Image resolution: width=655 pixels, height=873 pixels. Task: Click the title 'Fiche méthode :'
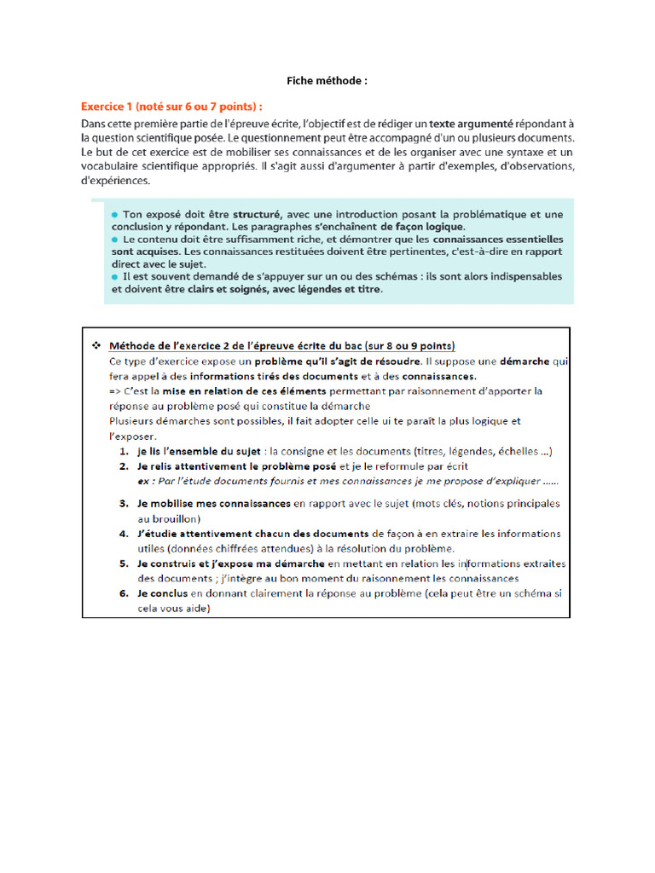327,81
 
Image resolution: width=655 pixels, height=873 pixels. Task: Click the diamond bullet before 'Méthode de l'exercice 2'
95,345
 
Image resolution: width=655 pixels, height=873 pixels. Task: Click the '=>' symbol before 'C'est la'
117,391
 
